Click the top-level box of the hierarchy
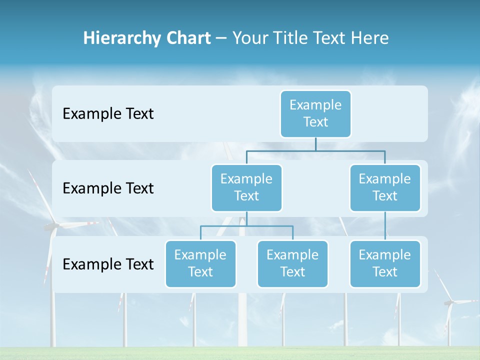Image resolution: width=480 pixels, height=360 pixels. [x=315, y=113]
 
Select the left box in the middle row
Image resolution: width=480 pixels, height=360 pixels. [x=246, y=187]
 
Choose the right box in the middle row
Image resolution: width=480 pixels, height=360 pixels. [x=385, y=187]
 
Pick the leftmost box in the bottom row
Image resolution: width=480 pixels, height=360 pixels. [x=200, y=263]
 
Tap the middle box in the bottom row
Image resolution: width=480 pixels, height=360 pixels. [x=292, y=263]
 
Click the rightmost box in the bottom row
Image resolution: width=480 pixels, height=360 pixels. [x=385, y=263]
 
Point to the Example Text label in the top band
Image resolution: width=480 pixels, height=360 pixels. [x=108, y=113]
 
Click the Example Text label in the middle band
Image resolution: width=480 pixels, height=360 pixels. [x=108, y=188]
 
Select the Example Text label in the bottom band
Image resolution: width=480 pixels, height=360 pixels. [x=108, y=264]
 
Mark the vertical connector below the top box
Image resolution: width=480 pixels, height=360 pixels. [x=315, y=144]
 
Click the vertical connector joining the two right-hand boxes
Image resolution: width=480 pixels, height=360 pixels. [x=385, y=226]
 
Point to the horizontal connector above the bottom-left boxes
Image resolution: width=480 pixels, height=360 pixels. [x=246, y=226]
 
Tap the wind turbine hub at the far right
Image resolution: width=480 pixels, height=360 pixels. [x=449, y=301]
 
